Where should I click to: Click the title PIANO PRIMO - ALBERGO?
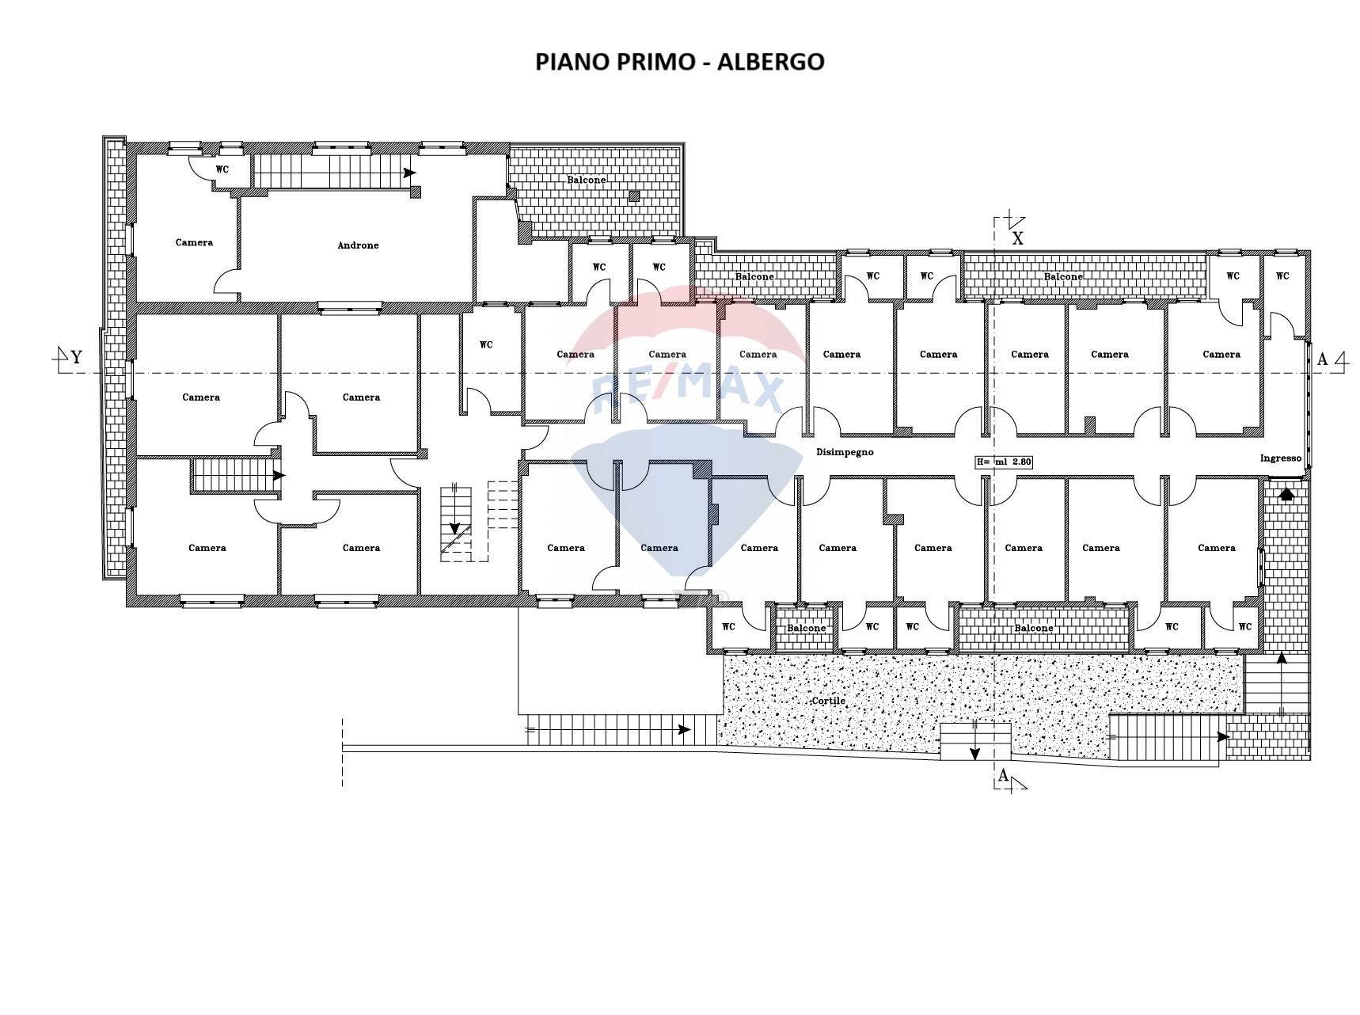679,62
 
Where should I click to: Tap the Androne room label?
358,245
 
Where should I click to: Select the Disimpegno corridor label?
845,452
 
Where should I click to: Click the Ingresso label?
1280,458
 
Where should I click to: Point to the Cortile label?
828,701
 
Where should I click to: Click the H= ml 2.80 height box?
1004,462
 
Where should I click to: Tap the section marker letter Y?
77,358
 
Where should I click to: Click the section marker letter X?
1018,238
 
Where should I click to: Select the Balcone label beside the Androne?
586,180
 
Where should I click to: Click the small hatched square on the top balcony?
633,196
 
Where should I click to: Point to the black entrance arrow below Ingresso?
1286,493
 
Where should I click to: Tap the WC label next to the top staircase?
222,169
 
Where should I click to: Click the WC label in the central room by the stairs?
486,344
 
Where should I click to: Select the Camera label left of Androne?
194,242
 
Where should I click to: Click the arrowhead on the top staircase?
410,173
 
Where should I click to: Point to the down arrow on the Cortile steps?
974,752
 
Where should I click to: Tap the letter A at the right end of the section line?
1321,360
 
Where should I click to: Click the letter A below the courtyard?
1003,776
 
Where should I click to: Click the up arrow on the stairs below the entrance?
1282,657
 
